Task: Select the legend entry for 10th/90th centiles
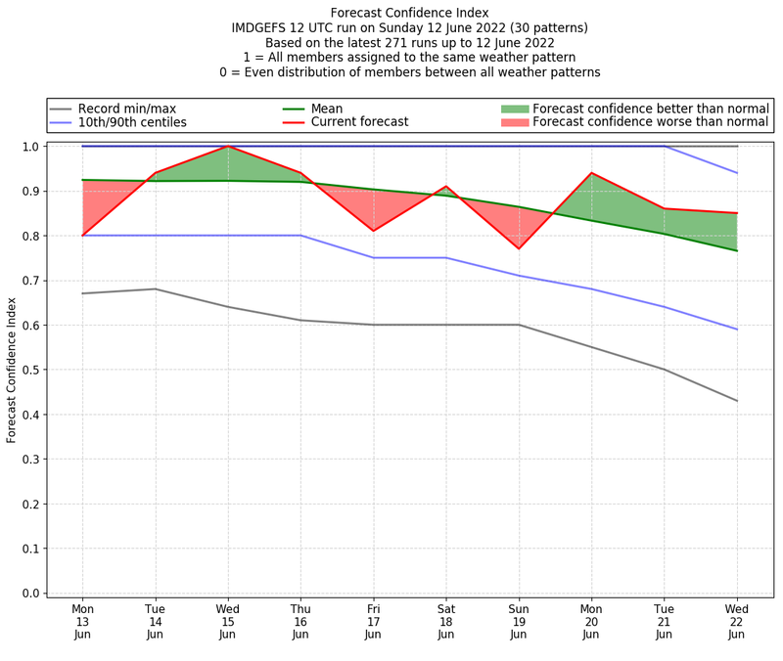pyautogui.click(x=132, y=122)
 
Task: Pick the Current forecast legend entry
pyautogui.click(x=359, y=122)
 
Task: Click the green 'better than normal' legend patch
pyautogui.click(x=515, y=109)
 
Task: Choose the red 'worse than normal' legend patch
pyautogui.click(x=515, y=122)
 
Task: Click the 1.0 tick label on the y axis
pyautogui.click(x=30, y=147)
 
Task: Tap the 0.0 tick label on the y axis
pyautogui.click(x=30, y=594)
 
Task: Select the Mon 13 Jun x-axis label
pyautogui.click(x=82, y=621)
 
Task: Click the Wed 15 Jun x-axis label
pyautogui.click(x=228, y=621)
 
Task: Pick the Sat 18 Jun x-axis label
pyautogui.click(x=446, y=621)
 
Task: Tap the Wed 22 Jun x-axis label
pyautogui.click(x=737, y=621)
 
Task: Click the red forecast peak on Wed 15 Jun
pyautogui.click(x=228, y=147)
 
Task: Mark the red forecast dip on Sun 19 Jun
pyautogui.click(x=519, y=248)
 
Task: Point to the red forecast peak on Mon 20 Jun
pyautogui.click(x=591, y=173)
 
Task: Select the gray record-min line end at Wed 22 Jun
pyautogui.click(x=737, y=401)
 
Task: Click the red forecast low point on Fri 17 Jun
pyautogui.click(x=373, y=231)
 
